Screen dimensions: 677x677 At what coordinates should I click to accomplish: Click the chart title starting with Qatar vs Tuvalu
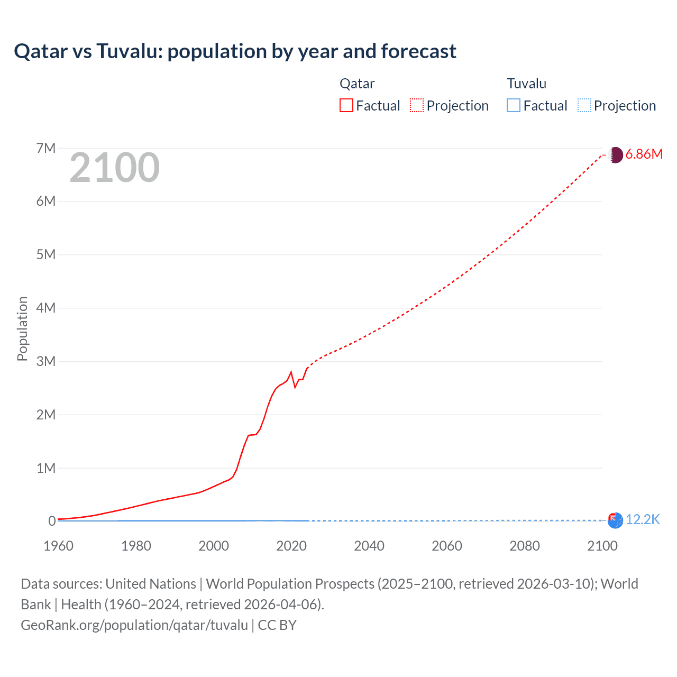pos(235,51)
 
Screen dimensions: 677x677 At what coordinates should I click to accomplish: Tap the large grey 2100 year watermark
pos(114,168)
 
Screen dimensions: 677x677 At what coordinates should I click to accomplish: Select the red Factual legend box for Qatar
pos(346,105)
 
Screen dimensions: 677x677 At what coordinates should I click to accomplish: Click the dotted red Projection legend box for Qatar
pos(417,105)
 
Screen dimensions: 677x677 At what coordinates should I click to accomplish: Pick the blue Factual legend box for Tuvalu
pos(514,105)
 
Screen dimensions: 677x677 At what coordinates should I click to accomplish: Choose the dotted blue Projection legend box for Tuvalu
pos(584,105)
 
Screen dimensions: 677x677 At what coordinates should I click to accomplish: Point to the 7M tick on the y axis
pos(46,148)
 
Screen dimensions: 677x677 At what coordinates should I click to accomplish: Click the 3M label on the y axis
pos(46,361)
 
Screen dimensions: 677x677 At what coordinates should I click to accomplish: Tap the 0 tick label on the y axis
pos(52,521)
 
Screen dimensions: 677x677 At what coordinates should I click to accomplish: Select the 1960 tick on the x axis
pos(58,546)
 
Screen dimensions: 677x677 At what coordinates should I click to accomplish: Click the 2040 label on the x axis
pos(369,546)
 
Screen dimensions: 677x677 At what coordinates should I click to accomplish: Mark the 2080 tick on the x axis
pos(525,546)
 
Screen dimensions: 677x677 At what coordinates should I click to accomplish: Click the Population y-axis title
pos(22,328)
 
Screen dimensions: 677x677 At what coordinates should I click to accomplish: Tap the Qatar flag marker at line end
pos(616,155)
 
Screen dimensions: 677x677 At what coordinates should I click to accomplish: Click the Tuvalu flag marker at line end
pos(615,520)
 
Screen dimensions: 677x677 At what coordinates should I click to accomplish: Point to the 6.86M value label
pos(644,154)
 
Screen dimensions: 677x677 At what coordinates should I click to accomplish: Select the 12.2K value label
pos(643,520)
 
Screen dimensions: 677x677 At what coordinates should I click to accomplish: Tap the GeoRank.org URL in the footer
pos(134,625)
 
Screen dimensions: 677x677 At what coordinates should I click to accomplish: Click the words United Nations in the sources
pos(151,584)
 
